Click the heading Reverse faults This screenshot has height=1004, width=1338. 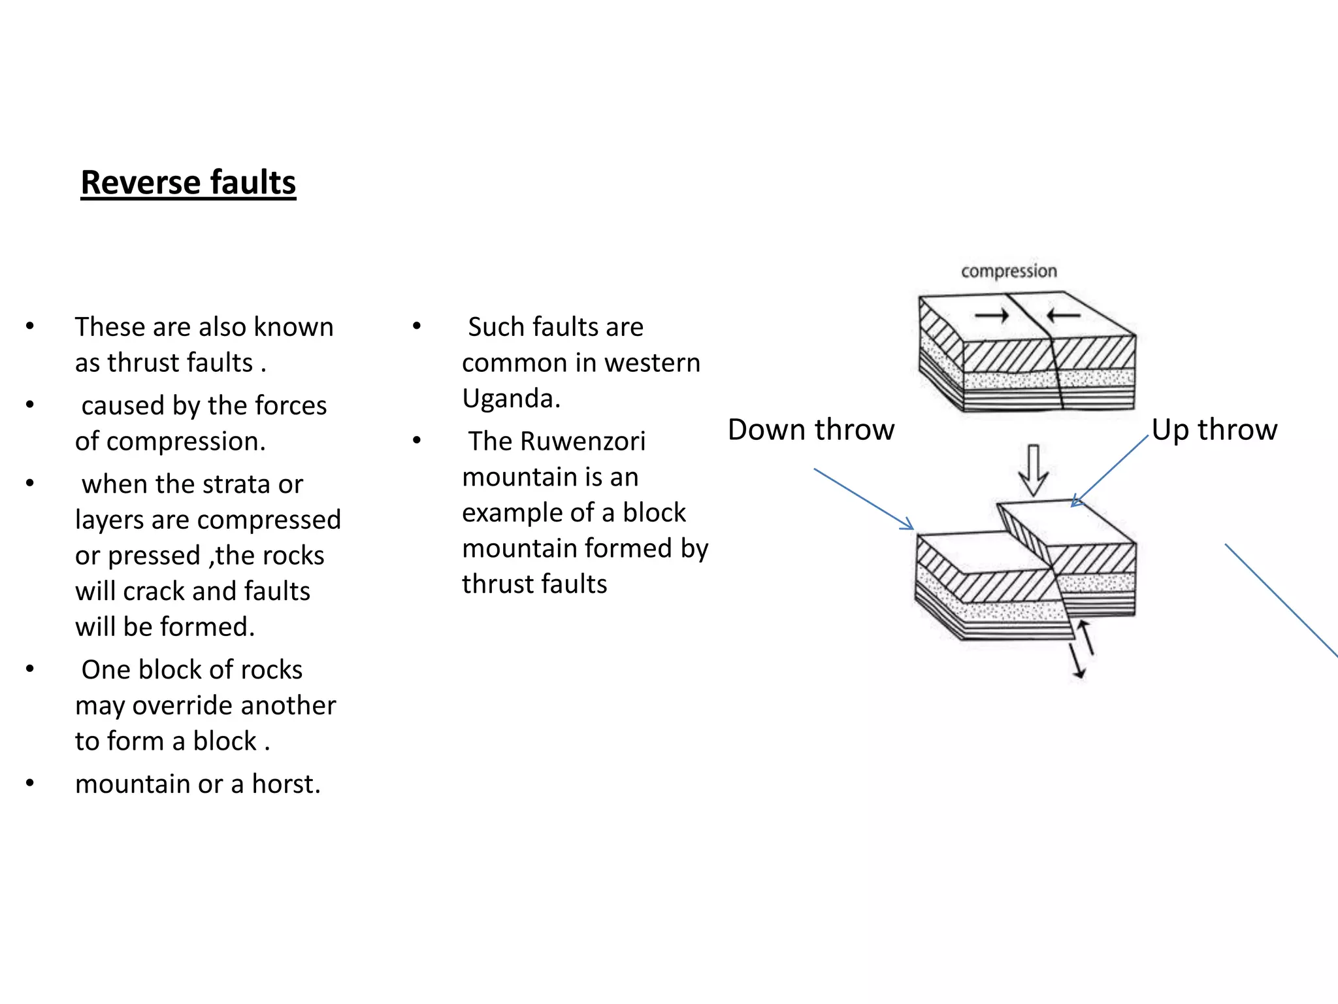188,182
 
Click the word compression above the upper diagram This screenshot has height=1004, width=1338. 1008,271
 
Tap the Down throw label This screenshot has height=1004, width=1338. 811,430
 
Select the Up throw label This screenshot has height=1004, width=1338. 1214,430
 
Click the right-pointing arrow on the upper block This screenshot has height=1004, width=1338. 992,316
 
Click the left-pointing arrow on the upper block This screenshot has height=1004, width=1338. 1063,316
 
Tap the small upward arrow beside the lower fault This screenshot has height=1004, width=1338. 1086,637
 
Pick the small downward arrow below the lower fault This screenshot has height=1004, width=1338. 1076,661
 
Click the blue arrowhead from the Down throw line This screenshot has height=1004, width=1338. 907,525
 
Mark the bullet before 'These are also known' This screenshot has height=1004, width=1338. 29,326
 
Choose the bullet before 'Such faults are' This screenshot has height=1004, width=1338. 416,326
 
